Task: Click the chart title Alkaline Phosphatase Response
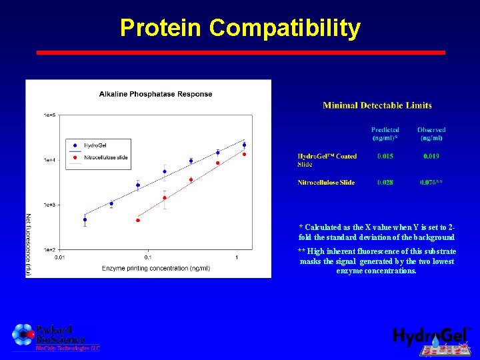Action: (155, 94)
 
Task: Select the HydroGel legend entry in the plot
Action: (93, 145)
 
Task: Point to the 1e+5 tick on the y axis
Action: (49, 115)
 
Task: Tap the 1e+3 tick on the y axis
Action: (49, 205)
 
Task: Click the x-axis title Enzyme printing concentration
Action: (155, 268)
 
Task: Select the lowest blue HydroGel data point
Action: (85, 219)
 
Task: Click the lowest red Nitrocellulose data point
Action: (138, 220)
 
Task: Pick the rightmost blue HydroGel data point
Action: (244, 145)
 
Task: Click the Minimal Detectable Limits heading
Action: (377, 105)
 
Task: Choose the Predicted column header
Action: (385, 133)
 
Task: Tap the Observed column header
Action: (431, 133)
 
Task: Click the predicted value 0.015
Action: (385, 157)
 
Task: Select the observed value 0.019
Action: (431, 157)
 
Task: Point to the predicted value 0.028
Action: (385, 183)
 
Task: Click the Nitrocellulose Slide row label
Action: (326, 183)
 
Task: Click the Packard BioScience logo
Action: (50, 337)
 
